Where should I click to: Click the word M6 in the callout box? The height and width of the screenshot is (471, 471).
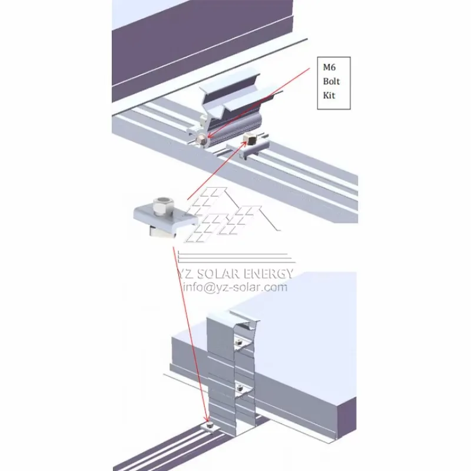click(329, 67)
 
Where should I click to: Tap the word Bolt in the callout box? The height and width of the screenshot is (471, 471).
click(331, 81)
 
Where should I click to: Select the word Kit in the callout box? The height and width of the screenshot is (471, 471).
click(329, 95)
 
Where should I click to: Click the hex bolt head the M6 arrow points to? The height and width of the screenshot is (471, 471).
click(201, 140)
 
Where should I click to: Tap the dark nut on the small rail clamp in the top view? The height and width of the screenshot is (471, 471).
click(250, 138)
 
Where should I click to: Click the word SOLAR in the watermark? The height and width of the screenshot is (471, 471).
click(215, 273)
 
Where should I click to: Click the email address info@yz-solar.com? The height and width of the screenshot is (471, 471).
click(235, 287)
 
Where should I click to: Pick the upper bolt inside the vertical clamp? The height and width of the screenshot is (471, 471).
click(239, 342)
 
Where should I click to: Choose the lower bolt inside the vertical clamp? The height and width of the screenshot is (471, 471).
click(240, 388)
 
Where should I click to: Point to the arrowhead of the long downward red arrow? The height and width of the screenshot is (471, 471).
click(207, 419)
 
